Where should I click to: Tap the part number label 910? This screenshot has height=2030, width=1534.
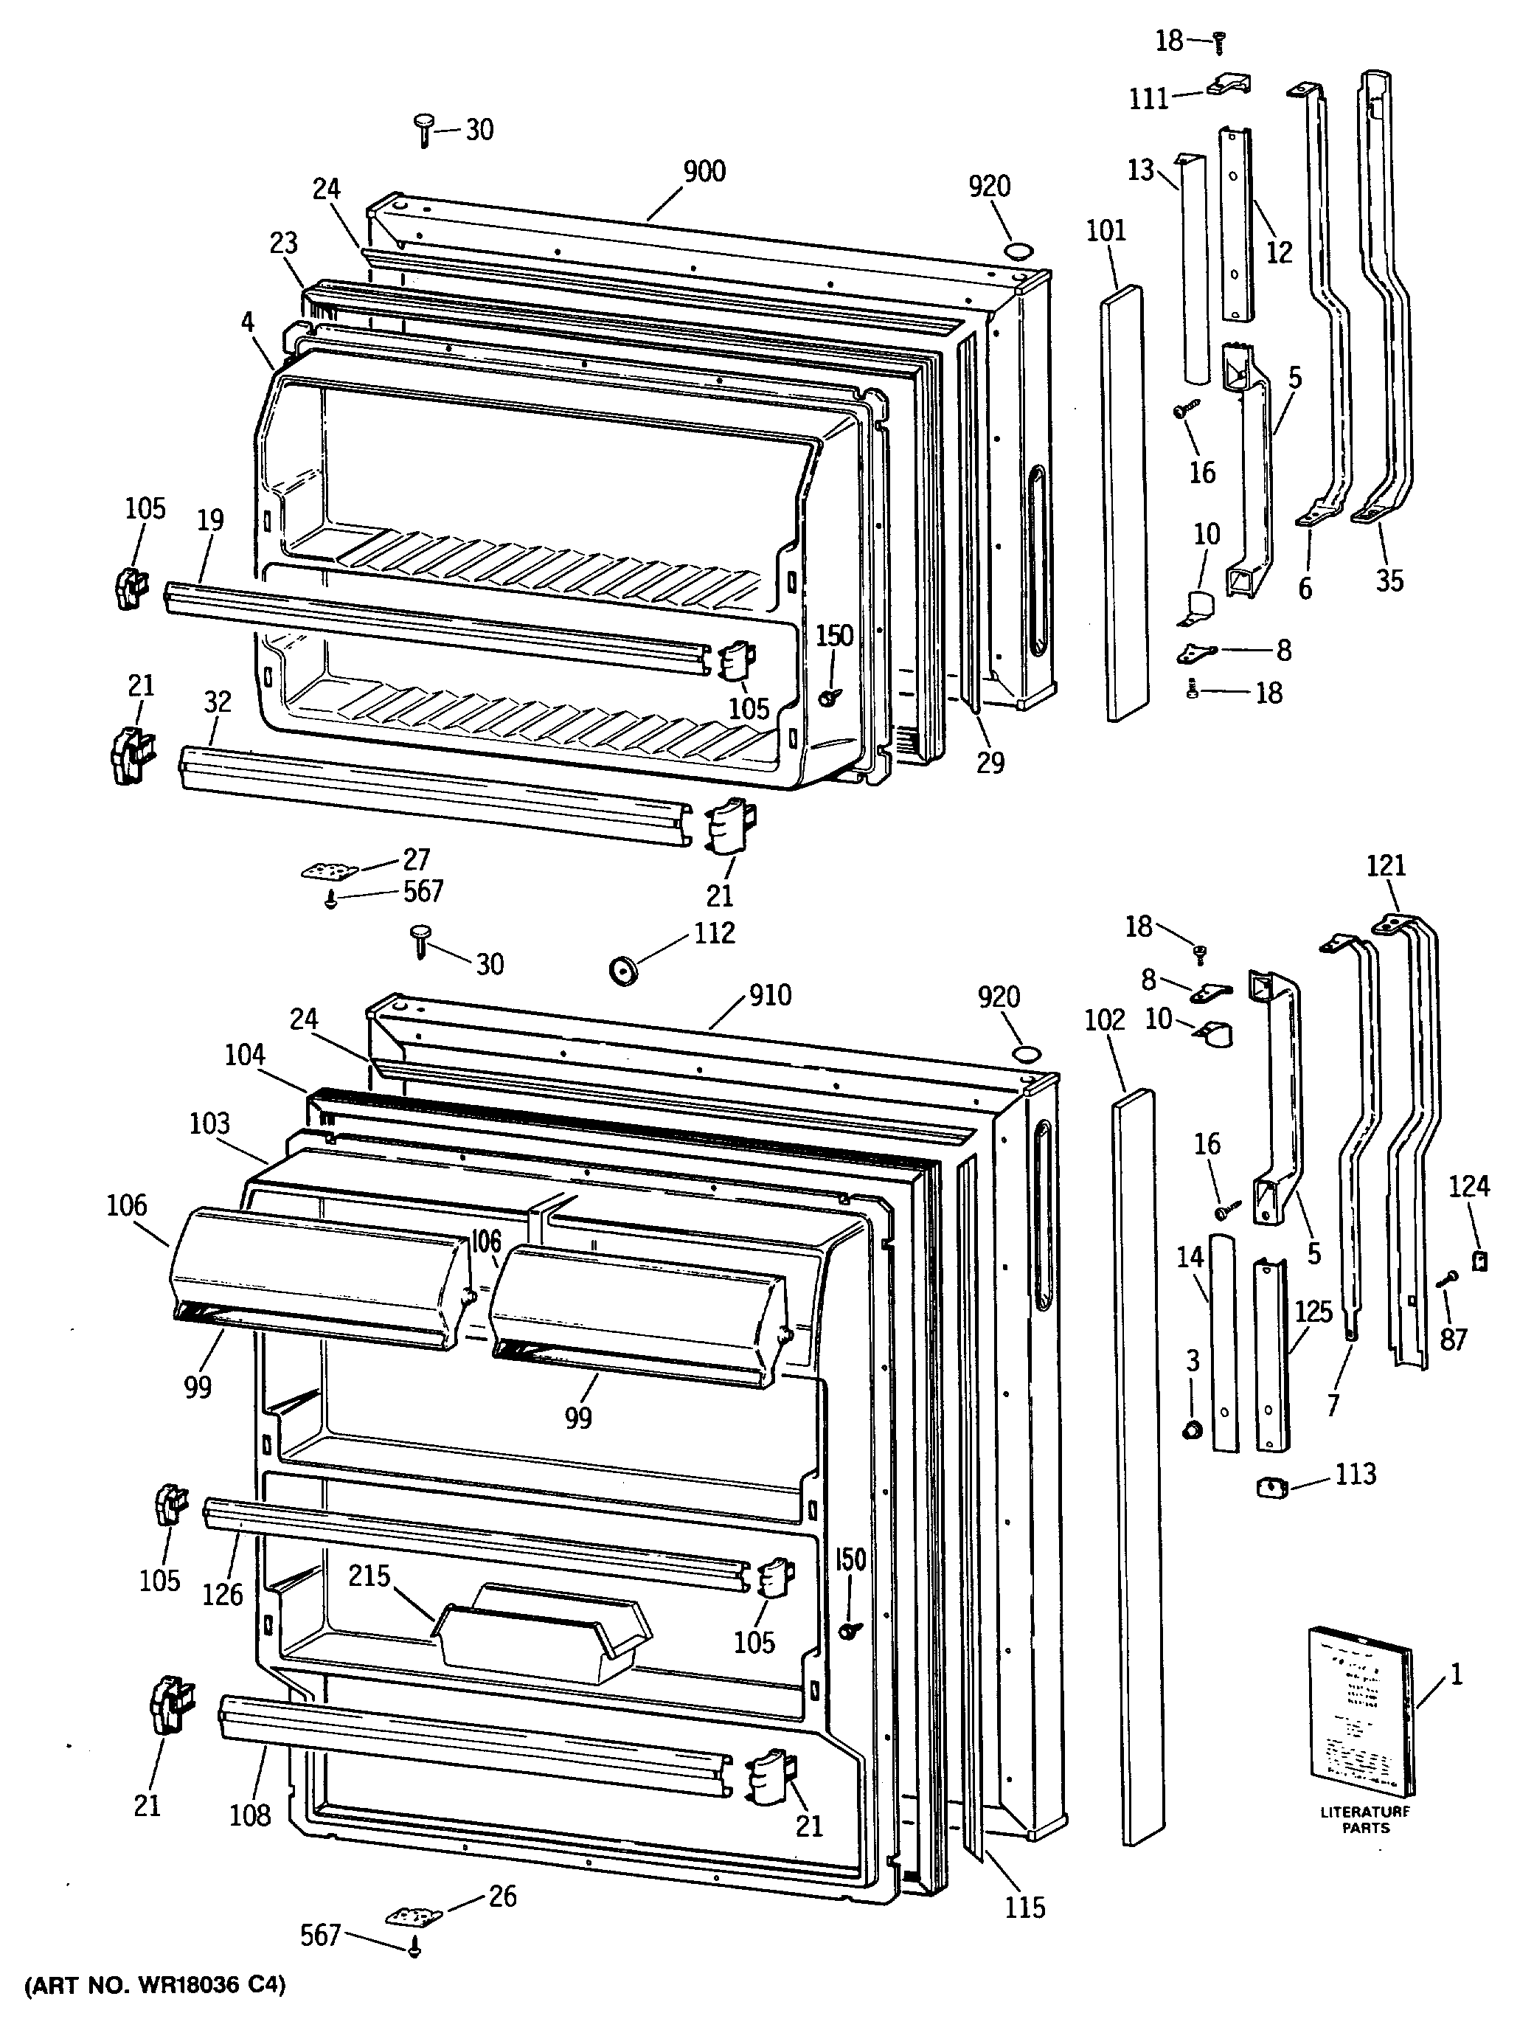coord(770,995)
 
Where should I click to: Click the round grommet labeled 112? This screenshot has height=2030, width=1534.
coord(624,969)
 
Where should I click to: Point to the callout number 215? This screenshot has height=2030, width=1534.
coord(369,1576)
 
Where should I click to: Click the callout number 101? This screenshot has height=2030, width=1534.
coord(1106,230)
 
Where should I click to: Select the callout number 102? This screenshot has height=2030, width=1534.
coord(1104,1019)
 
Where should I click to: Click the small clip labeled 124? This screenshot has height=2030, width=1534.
coord(1478,1263)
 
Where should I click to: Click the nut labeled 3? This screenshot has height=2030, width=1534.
coord(1192,1429)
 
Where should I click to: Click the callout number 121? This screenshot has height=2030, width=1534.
coord(1385,865)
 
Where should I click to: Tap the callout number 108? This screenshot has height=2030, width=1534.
coord(249,1815)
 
